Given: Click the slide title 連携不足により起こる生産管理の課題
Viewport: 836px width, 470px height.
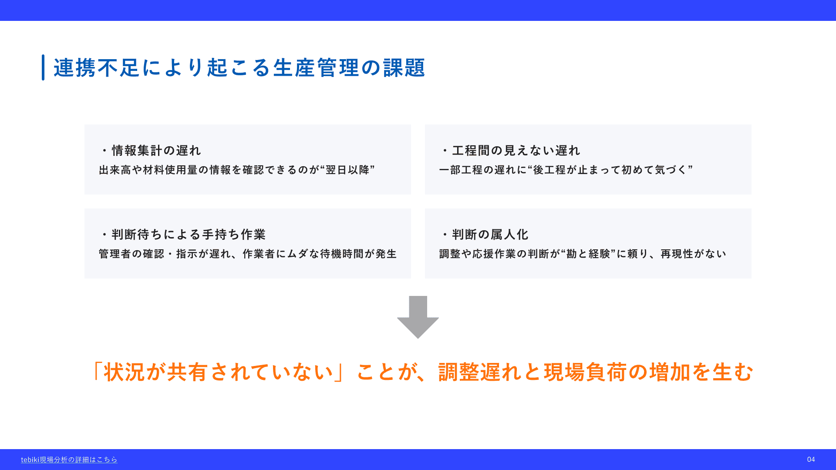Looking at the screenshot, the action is [x=239, y=68].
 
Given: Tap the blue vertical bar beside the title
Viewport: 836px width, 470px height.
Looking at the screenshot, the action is [x=43, y=67].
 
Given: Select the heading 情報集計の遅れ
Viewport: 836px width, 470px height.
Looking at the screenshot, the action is [x=156, y=151].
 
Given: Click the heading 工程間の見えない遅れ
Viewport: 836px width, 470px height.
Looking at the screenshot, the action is [x=516, y=151].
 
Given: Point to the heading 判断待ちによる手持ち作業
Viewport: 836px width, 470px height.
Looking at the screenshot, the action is [x=189, y=235].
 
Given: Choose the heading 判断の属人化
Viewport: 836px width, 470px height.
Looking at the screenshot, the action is [x=490, y=235].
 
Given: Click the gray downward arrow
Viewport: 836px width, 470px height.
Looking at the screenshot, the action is [x=418, y=317].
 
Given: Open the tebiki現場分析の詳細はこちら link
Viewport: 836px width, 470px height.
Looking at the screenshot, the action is [x=69, y=460].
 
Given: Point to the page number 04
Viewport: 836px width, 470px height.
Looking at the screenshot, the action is [x=811, y=460].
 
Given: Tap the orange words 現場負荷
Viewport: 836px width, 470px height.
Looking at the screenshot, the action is [x=586, y=372].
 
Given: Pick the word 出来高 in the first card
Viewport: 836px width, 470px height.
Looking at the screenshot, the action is [x=115, y=170].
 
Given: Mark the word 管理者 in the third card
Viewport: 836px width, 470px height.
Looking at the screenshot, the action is [x=115, y=254].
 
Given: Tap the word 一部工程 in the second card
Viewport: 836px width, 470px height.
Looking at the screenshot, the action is [x=461, y=170].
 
